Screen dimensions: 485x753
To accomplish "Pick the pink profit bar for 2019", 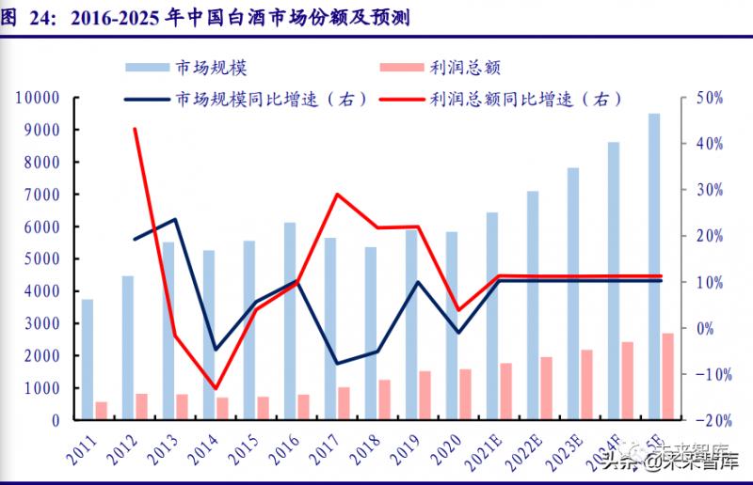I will coord(425,395).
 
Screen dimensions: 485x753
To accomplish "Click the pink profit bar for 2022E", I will coord(546,388).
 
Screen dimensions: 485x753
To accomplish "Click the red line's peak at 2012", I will coord(135,129).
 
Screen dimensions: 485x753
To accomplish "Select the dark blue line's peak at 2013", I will coord(175,219).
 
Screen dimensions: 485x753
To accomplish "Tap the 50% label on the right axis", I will coord(709,98).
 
